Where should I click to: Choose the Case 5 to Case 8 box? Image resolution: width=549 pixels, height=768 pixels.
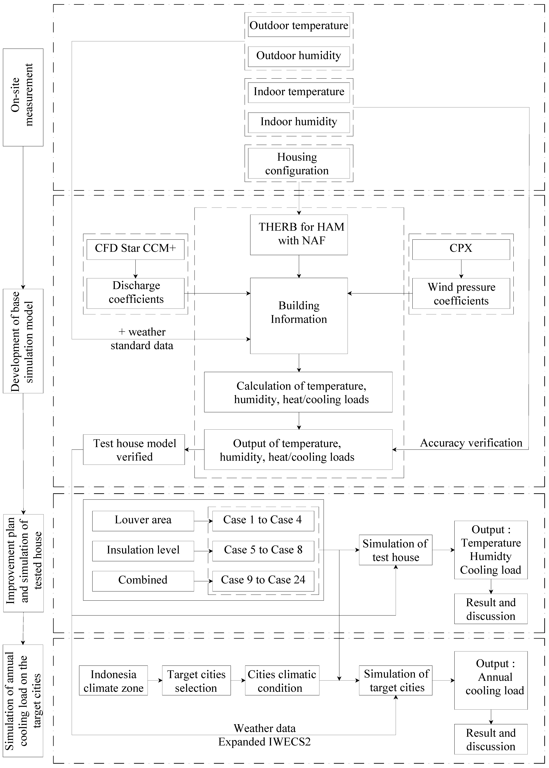[263, 550]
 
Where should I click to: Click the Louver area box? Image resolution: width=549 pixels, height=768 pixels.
[143, 520]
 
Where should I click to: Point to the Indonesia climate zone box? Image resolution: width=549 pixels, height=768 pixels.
[113, 681]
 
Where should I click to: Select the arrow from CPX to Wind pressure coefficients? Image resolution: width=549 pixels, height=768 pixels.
[461, 269]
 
